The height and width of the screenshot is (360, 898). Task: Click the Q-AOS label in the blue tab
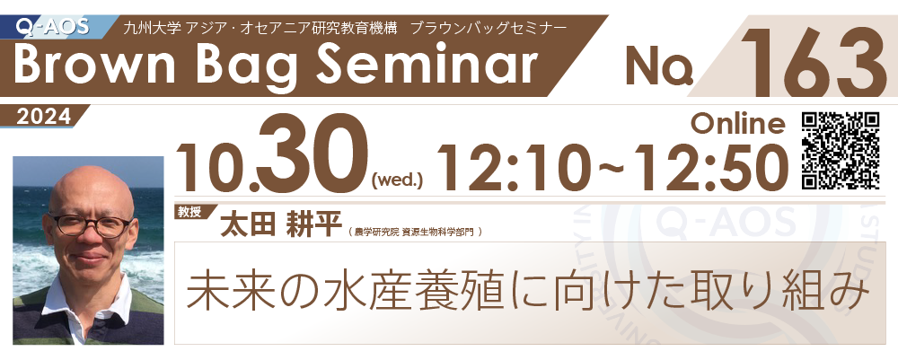54,26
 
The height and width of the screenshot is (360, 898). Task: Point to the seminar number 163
811,62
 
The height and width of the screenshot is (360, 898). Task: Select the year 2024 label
44,117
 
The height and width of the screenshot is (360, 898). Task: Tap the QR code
841,151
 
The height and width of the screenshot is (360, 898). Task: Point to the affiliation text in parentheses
414,232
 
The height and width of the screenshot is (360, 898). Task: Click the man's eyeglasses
91,224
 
